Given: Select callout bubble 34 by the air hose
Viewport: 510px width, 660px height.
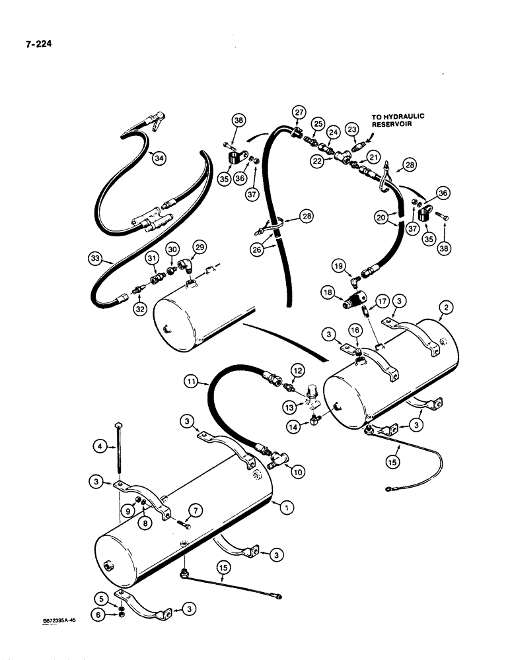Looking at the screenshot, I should point(157,158).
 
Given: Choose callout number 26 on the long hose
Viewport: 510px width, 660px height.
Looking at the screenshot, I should point(254,249).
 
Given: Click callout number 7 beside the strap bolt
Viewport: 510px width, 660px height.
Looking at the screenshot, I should point(196,509).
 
